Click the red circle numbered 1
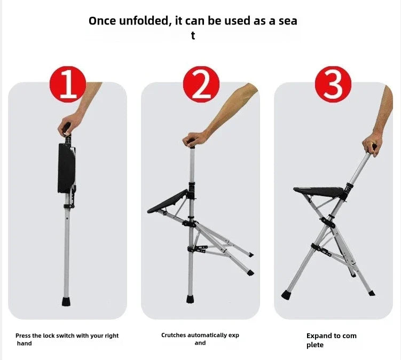pyautogui.click(x=68, y=84)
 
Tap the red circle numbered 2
pyautogui.click(x=201, y=84)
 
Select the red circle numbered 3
pyautogui.click(x=333, y=84)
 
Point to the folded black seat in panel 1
pyautogui.click(x=67, y=168)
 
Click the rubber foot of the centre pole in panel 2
pyautogui.click(x=191, y=298)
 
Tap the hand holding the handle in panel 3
pyautogui.click(x=371, y=145)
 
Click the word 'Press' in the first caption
pyautogui.click(x=24, y=336)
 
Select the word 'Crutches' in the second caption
pyautogui.click(x=174, y=335)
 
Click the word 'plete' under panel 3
pyautogui.click(x=316, y=345)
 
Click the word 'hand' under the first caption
pyautogui.click(x=24, y=343)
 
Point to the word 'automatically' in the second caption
pyautogui.click(x=208, y=335)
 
